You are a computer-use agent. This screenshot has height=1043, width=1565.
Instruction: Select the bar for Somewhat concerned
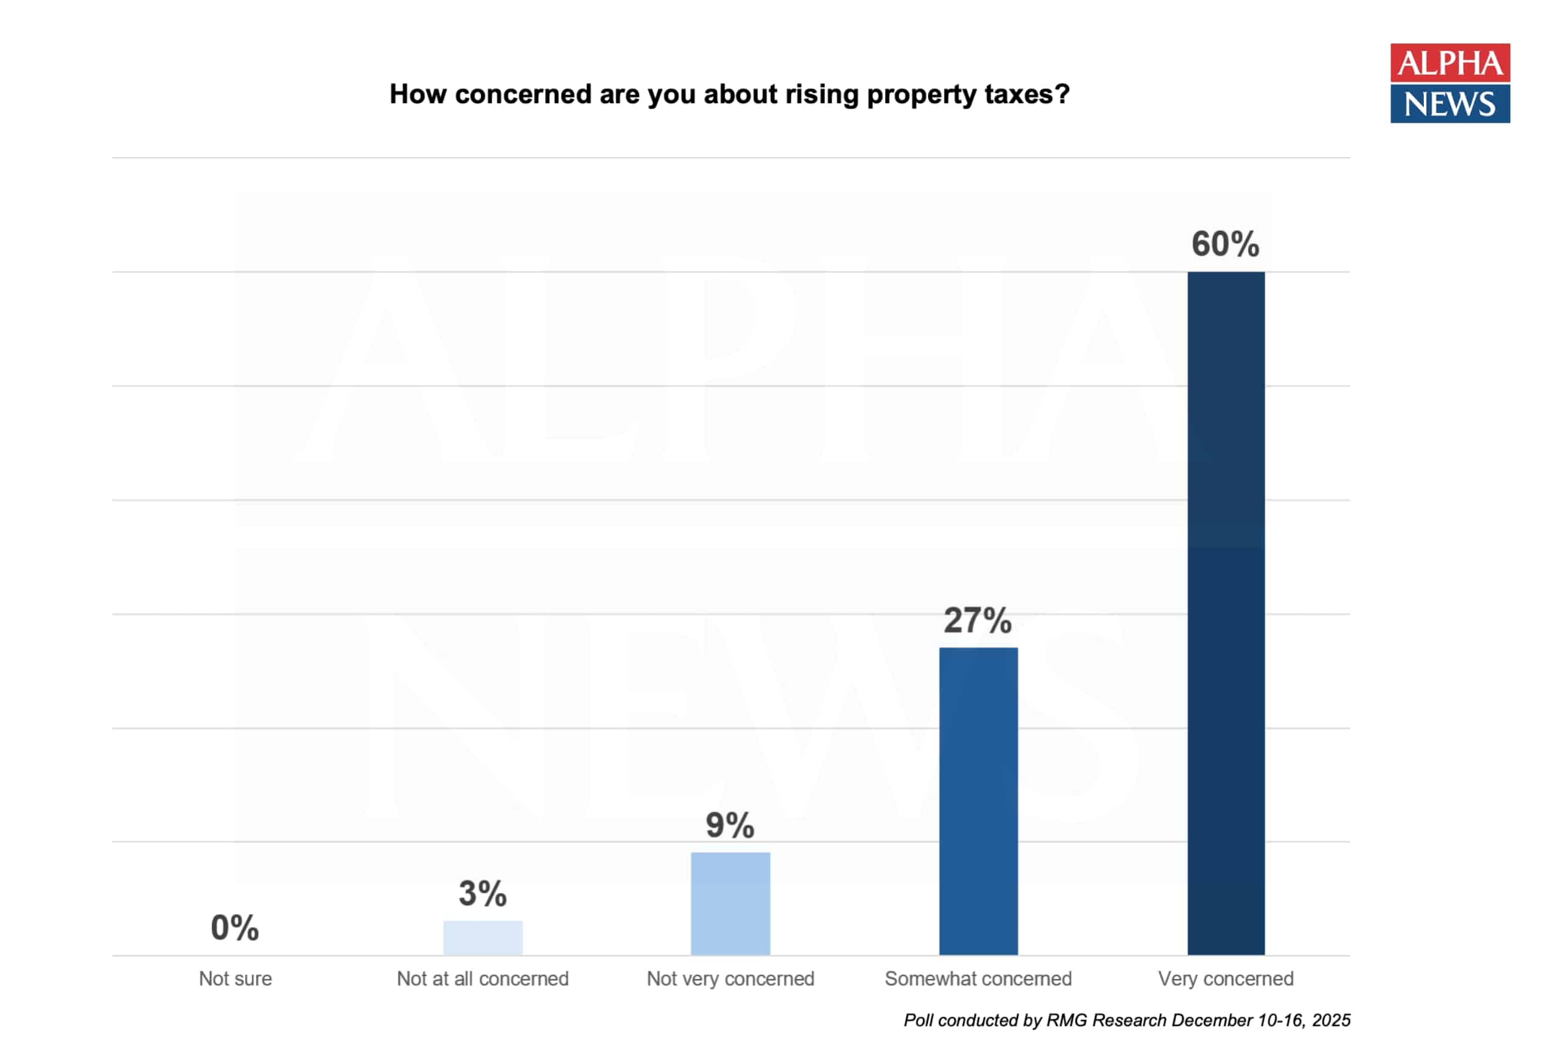pyautogui.click(x=978, y=801)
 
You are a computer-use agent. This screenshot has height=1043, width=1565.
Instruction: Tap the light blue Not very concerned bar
pyautogui.click(x=730, y=903)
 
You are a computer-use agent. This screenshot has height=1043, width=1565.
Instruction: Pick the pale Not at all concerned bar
pyautogui.click(x=482, y=938)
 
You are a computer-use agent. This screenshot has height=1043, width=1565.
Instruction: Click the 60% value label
pyautogui.click(x=1225, y=244)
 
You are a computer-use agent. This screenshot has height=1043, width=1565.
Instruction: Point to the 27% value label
pyautogui.click(x=978, y=621)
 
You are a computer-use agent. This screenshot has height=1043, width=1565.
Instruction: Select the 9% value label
pyautogui.click(x=730, y=825)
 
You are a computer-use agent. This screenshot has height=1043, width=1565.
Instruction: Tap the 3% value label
pyautogui.click(x=482, y=893)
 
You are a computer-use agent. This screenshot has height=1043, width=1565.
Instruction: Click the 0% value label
pyautogui.click(x=234, y=928)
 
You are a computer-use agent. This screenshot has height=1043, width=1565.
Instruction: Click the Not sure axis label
pyautogui.click(x=235, y=979)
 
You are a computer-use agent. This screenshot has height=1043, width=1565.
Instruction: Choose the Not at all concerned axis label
pyautogui.click(x=482, y=979)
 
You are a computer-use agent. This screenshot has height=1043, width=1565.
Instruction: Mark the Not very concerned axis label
pyautogui.click(x=730, y=979)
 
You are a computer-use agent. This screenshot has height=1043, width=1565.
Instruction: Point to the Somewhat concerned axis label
pyautogui.click(x=978, y=979)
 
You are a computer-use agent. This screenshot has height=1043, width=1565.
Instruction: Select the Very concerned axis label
pyautogui.click(x=1226, y=979)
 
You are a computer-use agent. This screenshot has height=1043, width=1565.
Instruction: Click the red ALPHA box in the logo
pyautogui.click(x=1450, y=63)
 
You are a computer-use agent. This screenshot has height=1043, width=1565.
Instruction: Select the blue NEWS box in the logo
pyautogui.click(x=1450, y=104)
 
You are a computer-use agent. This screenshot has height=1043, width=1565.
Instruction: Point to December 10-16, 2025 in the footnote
pyautogui.click(x=1261, y=1020)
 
